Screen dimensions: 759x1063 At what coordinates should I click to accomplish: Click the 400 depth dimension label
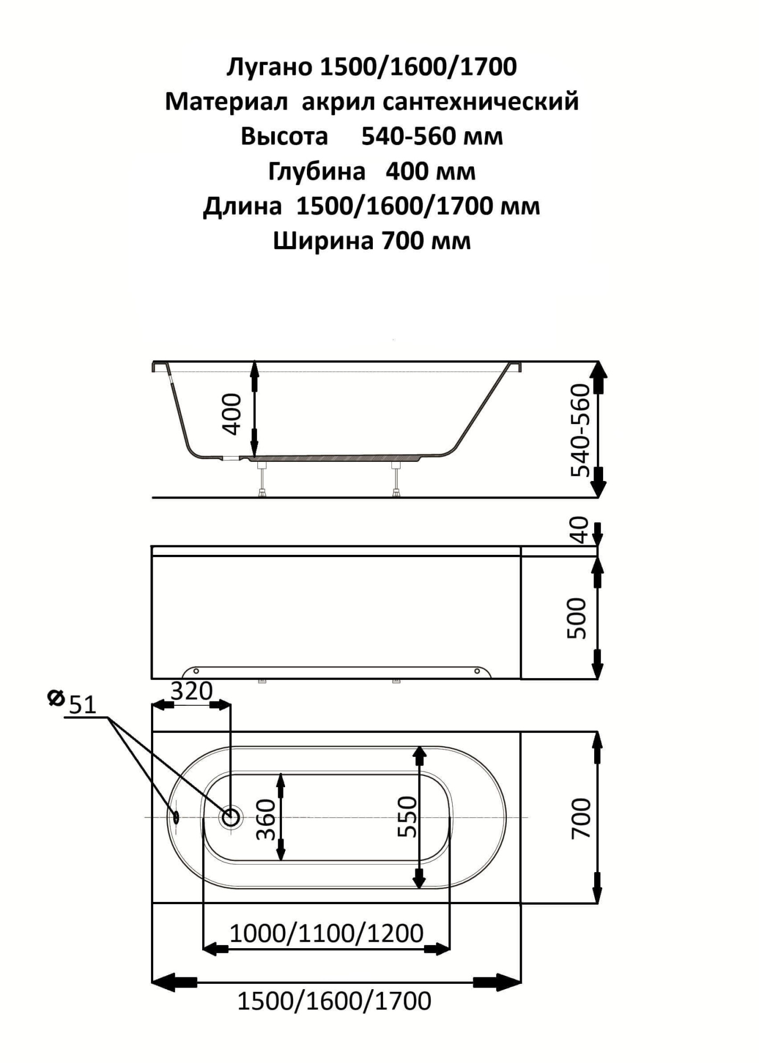point(232,414)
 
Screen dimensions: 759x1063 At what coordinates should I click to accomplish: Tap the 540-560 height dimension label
point(581,431)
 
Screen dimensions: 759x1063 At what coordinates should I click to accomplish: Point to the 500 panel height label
point(577,618)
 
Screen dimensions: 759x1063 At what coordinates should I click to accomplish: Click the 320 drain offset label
point(191,691)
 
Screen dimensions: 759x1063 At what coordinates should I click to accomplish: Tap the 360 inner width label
point(266,820)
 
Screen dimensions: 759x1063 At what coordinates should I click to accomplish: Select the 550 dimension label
point(408,817)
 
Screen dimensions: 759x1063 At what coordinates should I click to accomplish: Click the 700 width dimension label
point(581,819)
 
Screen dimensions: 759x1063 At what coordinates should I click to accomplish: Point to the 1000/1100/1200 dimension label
point(327,933)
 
